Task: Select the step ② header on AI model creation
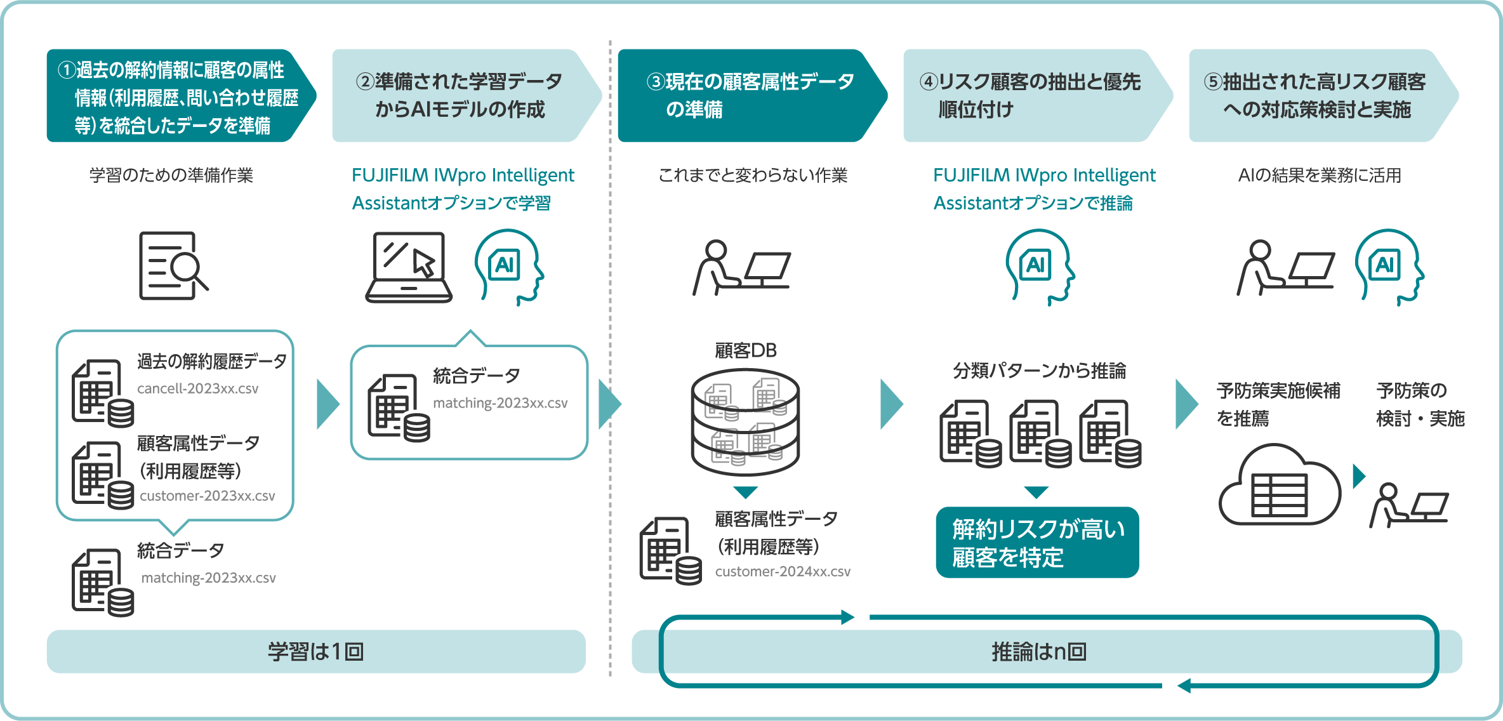click(460, 96)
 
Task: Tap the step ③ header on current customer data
click(749, 96)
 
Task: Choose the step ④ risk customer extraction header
click(1031, 96)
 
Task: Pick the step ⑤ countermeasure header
click(1317, 96)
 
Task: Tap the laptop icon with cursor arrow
click(409, 267)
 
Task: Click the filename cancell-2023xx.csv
click(197, 388)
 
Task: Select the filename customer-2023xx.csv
click(207, 496)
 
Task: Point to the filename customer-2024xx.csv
click(782, 571)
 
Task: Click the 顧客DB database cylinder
click(745, 422)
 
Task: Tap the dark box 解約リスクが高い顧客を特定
click(1037, 543)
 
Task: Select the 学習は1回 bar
click(316, 652)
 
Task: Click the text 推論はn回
click(1039, 652)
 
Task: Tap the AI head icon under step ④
click(1038, 267)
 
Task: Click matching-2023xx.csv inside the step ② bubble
click(500, 403)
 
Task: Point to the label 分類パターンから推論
click(1039, 371)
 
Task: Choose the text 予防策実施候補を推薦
click(1277, 404)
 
